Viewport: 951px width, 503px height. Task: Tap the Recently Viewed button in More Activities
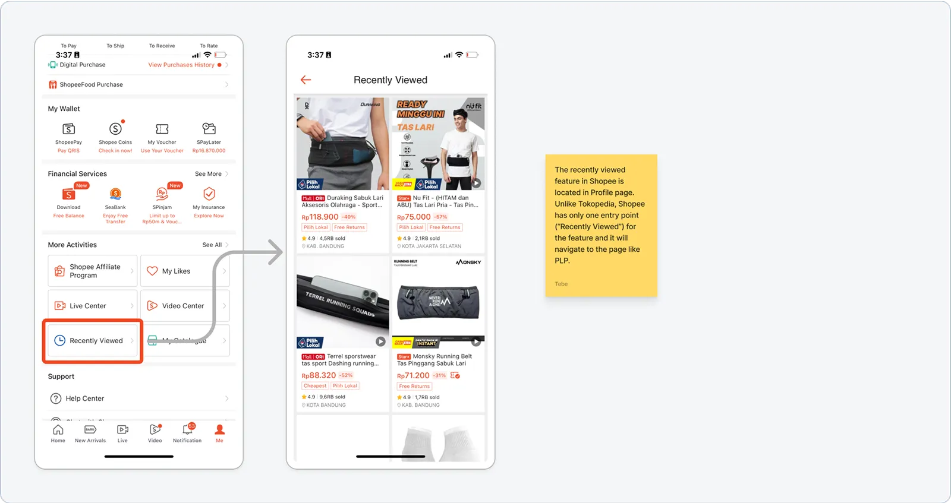(x=92, y=340)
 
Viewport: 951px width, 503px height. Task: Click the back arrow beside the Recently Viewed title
(x=306, y=80)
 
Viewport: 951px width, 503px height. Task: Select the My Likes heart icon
(x=152, y=271)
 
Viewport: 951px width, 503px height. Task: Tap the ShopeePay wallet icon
(x=69, y=129)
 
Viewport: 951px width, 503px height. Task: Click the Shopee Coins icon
(x=115, y=129)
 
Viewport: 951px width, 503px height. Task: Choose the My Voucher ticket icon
(x=162, y=129)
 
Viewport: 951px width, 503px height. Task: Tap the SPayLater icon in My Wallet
(x=209, y=128)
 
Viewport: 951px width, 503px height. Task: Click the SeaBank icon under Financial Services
(x=115, y=194)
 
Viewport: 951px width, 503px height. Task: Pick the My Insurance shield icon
(x=209, y=194)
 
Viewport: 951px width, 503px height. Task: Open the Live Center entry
(x=88, y=306)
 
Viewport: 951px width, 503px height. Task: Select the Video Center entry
(x=183, y=306)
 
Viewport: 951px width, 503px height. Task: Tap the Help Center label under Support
(x=85, y=398)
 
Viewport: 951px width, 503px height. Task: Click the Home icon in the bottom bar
(x=58, y=430)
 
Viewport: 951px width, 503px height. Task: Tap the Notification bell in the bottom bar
(x=187, y=430)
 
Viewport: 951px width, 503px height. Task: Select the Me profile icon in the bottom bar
(x=219, y=430)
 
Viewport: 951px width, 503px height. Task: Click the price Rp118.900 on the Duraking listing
(x=320, y=217)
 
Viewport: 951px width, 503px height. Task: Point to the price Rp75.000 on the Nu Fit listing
(x=414, y=217)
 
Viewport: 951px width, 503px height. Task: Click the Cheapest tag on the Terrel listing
(x=315, y=386)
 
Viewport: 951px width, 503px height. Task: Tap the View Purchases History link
(x=181, y=65)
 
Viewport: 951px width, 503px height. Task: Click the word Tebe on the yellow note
(x=561, y=284)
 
